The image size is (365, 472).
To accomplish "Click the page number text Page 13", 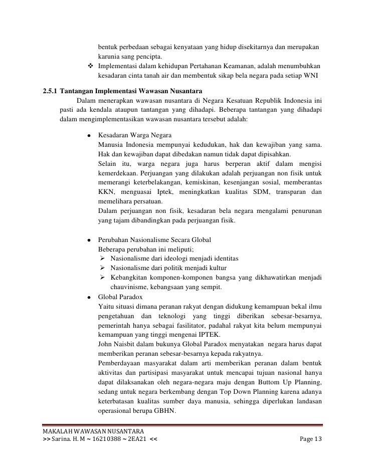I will pyautogui.click(x=311, y=439).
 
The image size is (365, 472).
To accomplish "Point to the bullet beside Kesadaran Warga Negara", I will pyautogui.click(x=89, y=136).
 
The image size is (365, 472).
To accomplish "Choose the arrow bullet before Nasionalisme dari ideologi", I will pyautogui.click(x=102, y=259).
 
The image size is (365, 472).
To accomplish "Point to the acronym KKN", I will pyautogui.click(x=106, y=192).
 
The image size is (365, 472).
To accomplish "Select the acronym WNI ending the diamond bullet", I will pyautogui.click(x=315, y=76).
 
